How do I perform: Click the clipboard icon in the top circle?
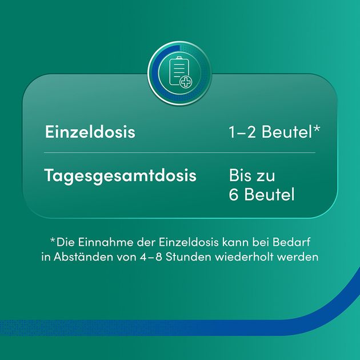pos(179,74)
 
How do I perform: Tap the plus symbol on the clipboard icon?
pos(186,83)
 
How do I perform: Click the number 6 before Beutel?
pos(234,195)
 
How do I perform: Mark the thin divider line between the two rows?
pos(179,153)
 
